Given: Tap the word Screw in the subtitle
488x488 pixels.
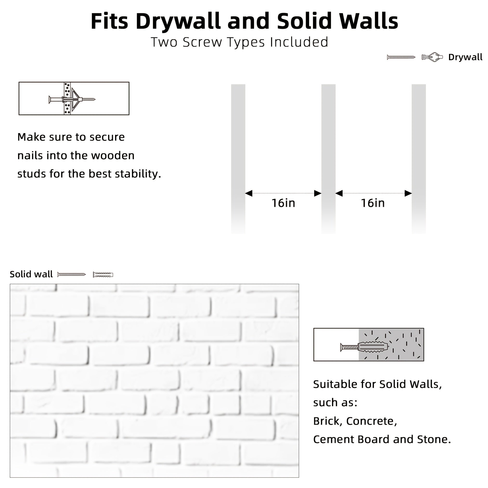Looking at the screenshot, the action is (202, 42).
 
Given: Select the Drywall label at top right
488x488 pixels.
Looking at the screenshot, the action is (465, 57).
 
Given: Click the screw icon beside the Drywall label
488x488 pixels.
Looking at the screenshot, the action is (401, 57).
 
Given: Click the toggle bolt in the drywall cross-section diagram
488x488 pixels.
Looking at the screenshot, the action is (72, 99).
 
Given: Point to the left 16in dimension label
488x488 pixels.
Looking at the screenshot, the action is (283, 203).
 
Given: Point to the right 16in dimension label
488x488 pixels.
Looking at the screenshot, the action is (373, 203).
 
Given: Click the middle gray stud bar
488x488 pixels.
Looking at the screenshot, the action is (328, 159).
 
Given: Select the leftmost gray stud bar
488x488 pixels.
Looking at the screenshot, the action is (238, 159).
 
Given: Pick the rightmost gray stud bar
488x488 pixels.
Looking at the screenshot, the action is (419, 159).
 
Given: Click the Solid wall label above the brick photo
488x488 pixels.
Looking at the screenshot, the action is (31, 274).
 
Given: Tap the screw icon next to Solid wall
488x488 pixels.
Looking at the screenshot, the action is (72, 274).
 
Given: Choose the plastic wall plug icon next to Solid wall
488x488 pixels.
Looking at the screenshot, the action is (103, 274).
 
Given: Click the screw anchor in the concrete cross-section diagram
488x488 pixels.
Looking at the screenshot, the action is (364, 347).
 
